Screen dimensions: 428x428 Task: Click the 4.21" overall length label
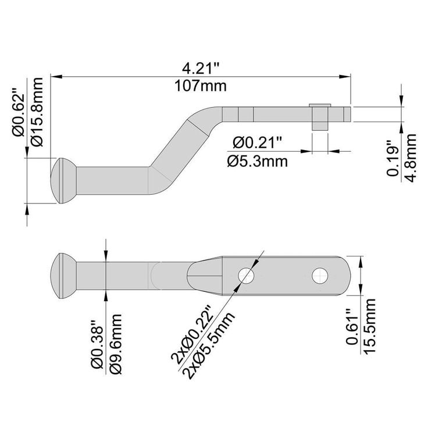[x=201, y=68]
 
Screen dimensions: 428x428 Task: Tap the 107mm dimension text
[x=201, y=85]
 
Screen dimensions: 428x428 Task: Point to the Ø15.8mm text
[x=37, y=112]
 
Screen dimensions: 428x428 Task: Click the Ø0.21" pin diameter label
[x=257, y=142]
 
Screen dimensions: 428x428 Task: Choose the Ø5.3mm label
[x=258, y=162]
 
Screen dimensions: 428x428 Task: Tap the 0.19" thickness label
[x=393, y=159]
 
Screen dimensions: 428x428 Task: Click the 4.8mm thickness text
[x=411, y=158]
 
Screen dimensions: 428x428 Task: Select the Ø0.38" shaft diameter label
[x=97, y=347]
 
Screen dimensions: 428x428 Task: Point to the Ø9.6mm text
[x=115, y=344]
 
